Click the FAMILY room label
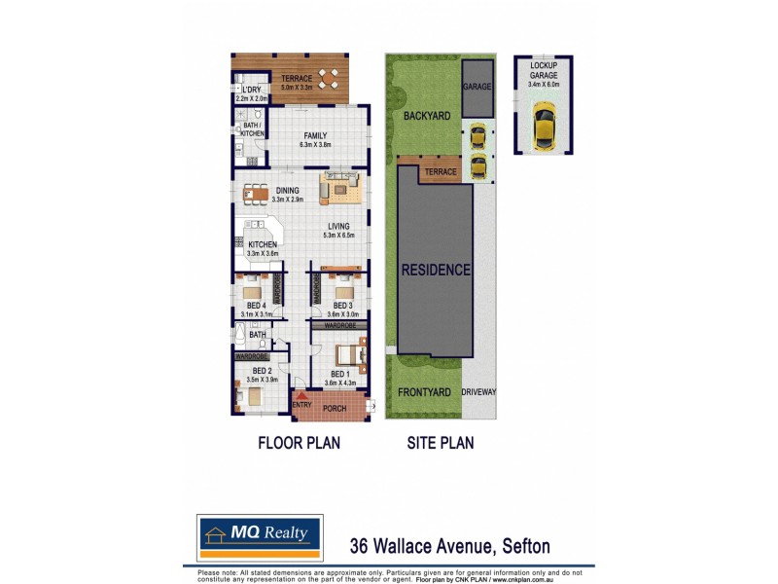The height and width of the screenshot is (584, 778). [314, 135]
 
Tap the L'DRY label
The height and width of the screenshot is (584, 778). [252, 91]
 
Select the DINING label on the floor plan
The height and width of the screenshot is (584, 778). [288, 191]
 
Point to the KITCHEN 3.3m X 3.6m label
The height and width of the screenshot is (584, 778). [263, 245]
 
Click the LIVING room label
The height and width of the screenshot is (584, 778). [338, 227]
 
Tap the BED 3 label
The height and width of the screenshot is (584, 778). [343, 306]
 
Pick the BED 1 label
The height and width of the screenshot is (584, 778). [339, 374]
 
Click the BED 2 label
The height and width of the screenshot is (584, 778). [262, 371]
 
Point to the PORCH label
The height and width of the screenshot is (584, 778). [335, 409]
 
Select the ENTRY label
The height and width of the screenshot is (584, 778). [301, 405]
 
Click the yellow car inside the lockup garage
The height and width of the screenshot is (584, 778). [544, 128]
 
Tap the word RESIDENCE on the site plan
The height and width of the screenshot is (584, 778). [436, 270]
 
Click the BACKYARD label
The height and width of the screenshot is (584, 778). [426, 116]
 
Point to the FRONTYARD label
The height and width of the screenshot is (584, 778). [424, 392]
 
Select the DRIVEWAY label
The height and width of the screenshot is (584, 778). [478, 392]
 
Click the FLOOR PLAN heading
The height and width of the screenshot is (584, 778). [299, 443]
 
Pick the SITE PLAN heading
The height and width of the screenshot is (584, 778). [440, 443]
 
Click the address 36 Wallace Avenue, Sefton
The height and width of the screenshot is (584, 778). [455, 546]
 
